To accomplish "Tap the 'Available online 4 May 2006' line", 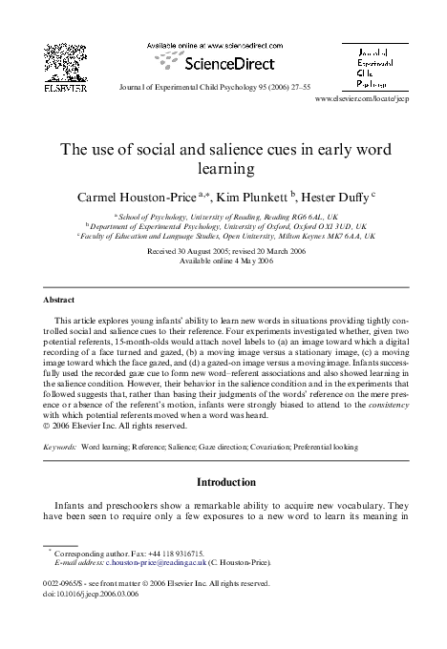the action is click(223, 260).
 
